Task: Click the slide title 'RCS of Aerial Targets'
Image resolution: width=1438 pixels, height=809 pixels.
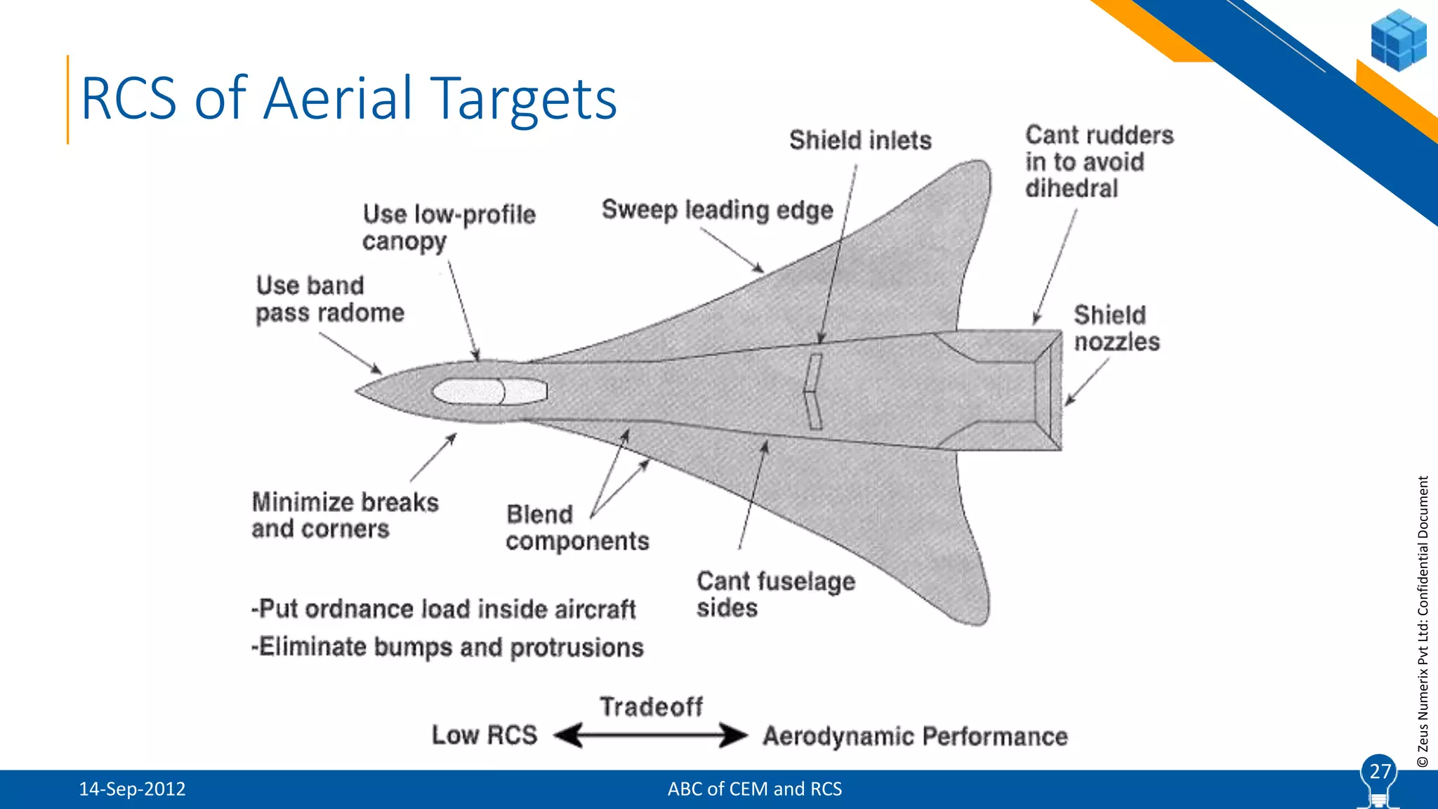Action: click(349, 98)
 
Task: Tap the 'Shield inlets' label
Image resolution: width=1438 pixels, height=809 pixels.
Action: click(860, 140)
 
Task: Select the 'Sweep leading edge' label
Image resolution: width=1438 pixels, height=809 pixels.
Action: click(717, 210)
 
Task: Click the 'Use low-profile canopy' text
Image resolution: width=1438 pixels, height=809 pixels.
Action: click(449, 228)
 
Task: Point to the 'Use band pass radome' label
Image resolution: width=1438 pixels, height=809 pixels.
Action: click(329, 299)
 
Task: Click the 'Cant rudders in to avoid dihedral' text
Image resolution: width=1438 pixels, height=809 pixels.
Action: click(1099, 162)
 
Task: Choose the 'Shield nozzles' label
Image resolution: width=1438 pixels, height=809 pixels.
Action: click(1116, 328)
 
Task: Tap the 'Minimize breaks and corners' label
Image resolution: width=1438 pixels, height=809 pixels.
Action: click(345, 515)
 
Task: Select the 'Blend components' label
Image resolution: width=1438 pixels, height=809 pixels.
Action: click(576, 527)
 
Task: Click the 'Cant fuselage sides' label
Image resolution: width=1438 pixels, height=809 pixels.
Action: click(775, 594)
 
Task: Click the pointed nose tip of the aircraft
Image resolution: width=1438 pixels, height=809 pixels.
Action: click(359, 391)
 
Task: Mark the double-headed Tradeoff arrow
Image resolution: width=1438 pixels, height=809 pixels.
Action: click(651, 735)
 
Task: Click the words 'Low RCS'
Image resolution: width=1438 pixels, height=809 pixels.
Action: click(484, 735)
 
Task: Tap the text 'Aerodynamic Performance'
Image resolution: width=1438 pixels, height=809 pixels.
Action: click(915, 736)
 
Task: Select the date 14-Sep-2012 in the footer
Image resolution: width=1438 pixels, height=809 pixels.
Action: click(132, 789)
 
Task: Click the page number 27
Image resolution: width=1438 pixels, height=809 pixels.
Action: click(1380, 772)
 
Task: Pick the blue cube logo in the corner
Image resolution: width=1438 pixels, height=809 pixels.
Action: click(1398, 40)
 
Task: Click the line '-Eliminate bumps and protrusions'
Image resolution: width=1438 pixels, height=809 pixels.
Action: click(447, 647)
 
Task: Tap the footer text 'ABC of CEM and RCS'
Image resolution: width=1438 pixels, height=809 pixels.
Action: click(754, 789)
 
